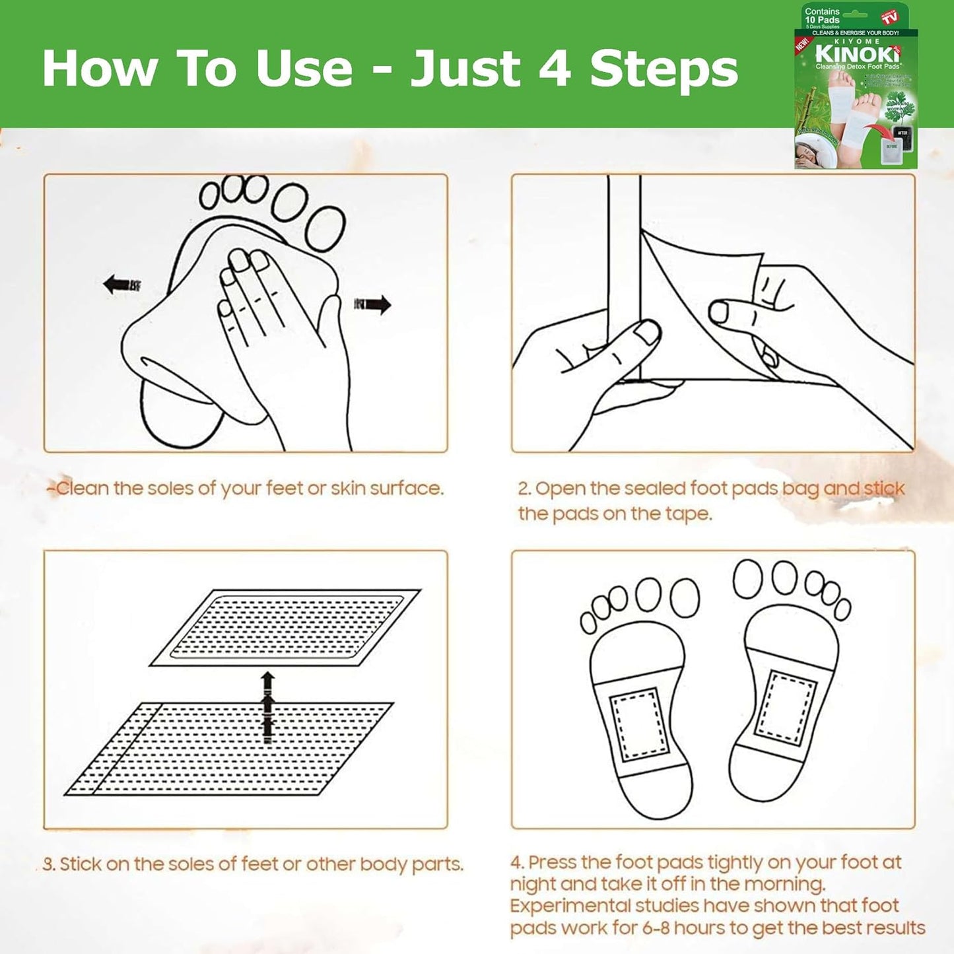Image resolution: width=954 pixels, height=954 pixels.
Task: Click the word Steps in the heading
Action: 664,69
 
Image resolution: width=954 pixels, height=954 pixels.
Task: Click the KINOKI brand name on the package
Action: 856,53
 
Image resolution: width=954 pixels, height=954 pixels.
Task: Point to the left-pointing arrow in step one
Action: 121,285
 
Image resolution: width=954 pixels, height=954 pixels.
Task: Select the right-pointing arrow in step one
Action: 374,304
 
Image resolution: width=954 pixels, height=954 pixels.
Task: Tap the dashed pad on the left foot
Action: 638,725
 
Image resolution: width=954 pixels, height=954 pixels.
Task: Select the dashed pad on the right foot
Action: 786,707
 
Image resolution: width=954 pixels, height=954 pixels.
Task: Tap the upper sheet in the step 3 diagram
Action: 285,627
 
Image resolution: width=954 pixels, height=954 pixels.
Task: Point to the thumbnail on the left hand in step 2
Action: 648,331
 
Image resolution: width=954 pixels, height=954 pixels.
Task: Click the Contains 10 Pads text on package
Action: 822,16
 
